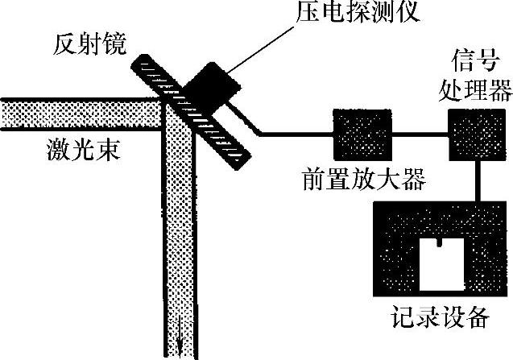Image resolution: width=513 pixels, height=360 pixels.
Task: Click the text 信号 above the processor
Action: [x=472, y=60]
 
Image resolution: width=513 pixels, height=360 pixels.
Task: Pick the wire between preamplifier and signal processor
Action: [x=420, y=134]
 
